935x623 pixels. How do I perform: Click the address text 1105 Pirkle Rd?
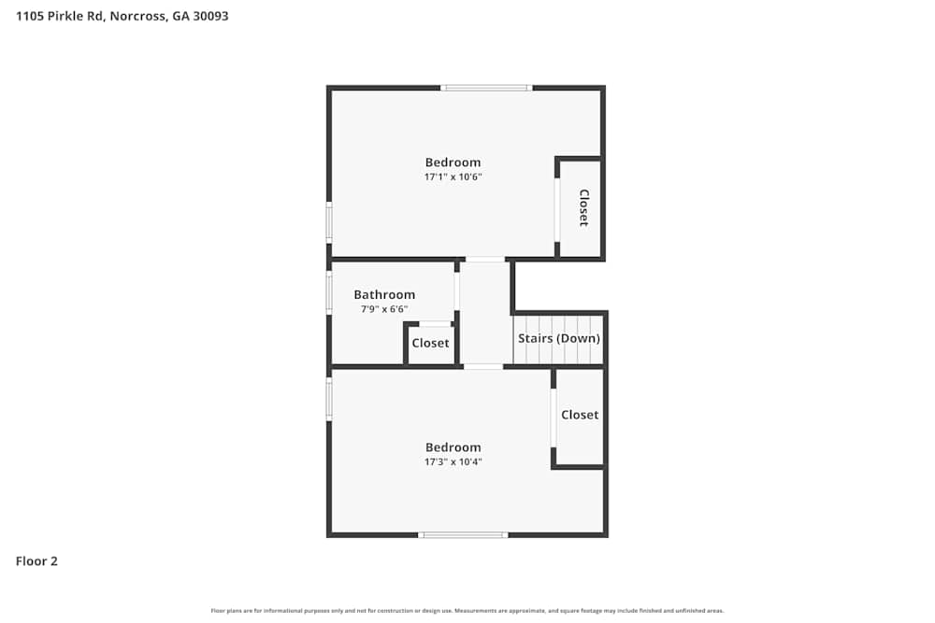(x=122, y=16)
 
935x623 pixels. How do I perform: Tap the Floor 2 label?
(x=36, y=561)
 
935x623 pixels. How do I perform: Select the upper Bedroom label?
(x=453, y=163)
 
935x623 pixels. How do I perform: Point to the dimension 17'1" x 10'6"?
(x=453, y=177)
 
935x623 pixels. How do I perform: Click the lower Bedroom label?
(x=453, y=447)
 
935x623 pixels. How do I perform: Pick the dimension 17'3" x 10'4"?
(x=453, y=461)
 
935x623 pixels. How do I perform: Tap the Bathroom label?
(x=384, y=295)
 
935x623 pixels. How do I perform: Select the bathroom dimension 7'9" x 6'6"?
(x=384, y=309)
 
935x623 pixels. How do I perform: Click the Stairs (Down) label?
(x=559, y=338)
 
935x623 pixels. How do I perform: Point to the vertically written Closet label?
(x=583, y=207)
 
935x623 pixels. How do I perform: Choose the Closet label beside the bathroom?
(x=430, y=343)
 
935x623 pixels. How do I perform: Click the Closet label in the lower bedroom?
(x=580, y=415)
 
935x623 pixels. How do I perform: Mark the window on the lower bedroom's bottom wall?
(x=463, y=535)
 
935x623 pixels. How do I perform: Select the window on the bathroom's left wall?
(x=329, y=292)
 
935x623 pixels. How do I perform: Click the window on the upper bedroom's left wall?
(x=329, y=223)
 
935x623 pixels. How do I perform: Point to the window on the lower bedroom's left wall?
(x=329, y=398)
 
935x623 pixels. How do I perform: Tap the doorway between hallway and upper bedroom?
(x=485, y=259)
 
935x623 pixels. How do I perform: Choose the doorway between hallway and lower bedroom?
(x=482, y=366)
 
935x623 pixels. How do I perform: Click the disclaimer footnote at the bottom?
(x=467, y=611)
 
